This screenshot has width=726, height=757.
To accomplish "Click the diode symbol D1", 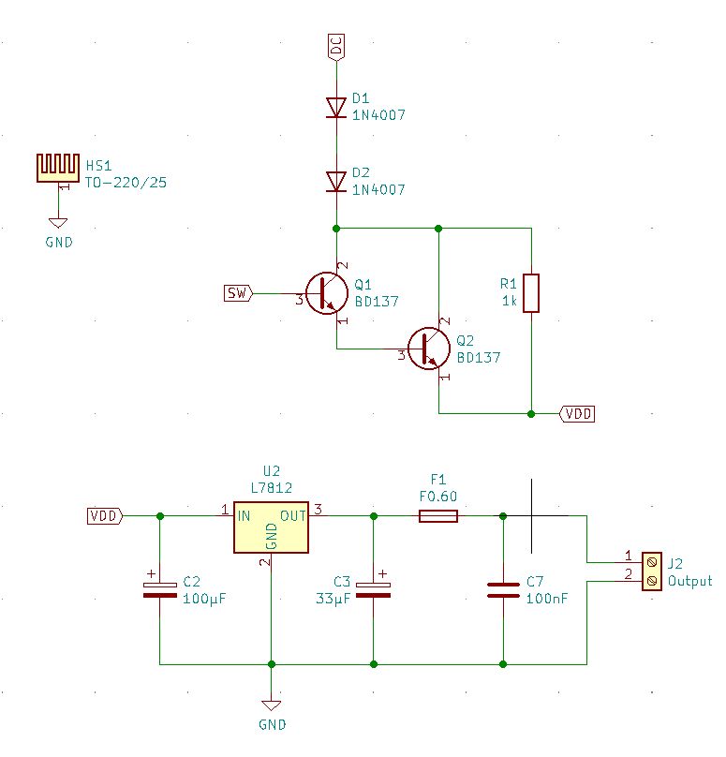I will click(x=336, y=107).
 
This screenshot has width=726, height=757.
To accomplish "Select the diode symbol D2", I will click(x=336, y=181).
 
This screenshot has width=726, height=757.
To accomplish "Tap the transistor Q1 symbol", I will click(x=326, y=293).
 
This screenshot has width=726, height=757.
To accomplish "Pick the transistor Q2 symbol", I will click(x=429, y=349).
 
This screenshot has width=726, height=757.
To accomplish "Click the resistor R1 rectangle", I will click(x=531, y=293).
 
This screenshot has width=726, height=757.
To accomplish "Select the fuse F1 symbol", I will click(x=437, y=516).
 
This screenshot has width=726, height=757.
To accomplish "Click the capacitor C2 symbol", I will click(x=159, y=589).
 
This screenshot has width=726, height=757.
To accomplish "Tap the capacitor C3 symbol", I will click(x=374, y=589).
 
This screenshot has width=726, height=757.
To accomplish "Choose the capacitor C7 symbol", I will click(x=503, y=589).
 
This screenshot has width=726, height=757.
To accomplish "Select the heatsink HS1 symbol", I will click(x=58, y=168).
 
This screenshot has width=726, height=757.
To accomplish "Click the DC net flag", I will click(x=336, y=47).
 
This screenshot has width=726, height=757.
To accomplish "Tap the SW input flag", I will click(x=238, y=293).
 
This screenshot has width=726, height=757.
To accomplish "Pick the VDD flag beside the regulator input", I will click(x=103, y=516).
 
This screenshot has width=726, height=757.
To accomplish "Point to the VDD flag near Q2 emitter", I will click(x=577, y=413).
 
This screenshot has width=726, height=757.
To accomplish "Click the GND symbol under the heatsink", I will click(x=58, y=223).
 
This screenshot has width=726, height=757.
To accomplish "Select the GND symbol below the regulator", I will click(x=271, y=705).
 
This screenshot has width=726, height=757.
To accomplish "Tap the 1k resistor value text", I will click(x=509, y=301).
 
